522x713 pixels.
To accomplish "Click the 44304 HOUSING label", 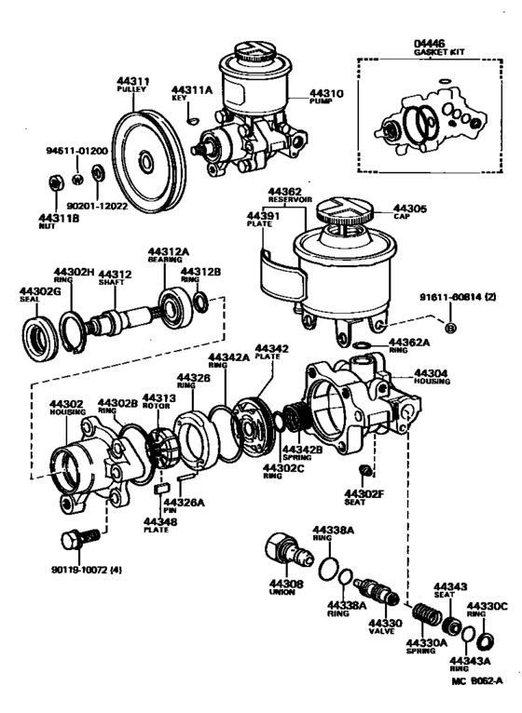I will pos(431,376).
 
